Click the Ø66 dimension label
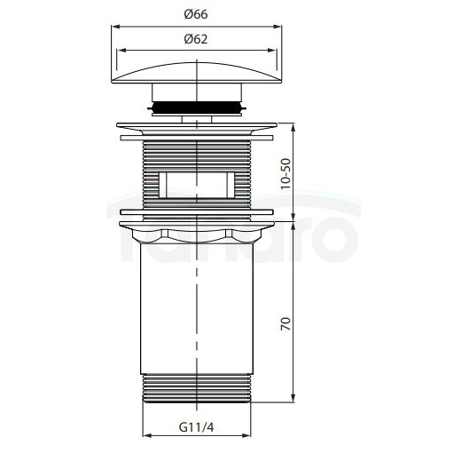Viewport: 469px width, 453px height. pyautogui.click(x=196, y=14)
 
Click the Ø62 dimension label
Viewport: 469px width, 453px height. pyautogui.click(x=196, y=39)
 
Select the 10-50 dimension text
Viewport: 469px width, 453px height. pyautogui.click(x=286, y=173)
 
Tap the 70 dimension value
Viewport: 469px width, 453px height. pyautogui.click(x=286, y=323)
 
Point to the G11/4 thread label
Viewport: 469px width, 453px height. pyautogui.click(x=197, y=427)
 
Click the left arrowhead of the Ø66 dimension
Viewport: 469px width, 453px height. pyautogui.click(x=115, y=27)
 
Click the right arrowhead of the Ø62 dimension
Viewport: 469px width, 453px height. pyautogui.click(x=272, y=51)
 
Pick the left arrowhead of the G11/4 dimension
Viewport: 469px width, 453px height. pyautogui.click(x=147, y=435)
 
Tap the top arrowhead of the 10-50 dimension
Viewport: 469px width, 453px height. pyautogui.click(x=293, y=127)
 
